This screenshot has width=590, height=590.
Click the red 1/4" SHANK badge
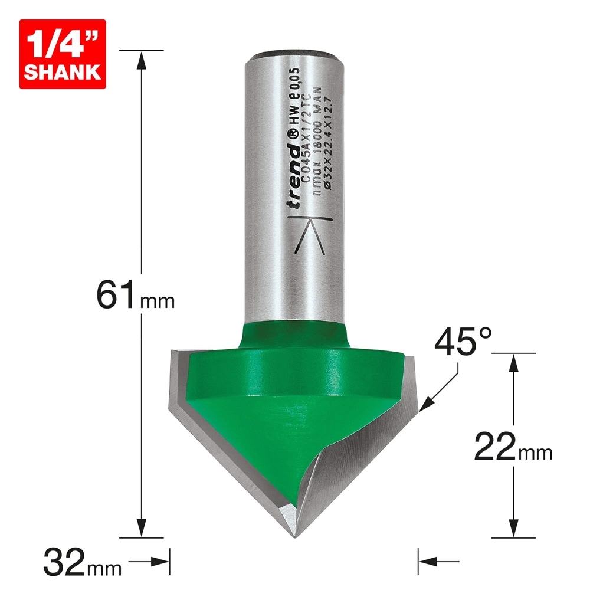pyautogui.click(x=63, y=54)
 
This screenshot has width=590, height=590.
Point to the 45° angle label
pyautogui.click(x=461, y=342)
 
